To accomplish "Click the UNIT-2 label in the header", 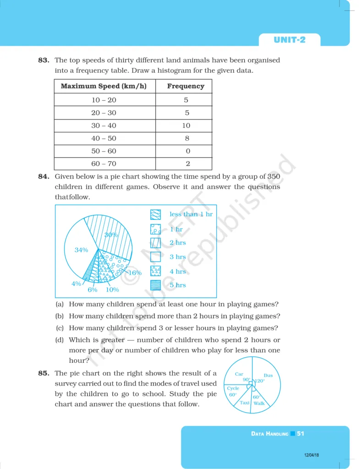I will [x=289, y=40].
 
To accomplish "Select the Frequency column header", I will [x=185, y=86].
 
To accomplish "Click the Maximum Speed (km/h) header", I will [x=104, y=86].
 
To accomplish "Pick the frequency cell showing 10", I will [x=185, y=125].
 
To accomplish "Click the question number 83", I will [x=44, y=60].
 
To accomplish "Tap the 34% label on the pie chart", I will [x=81, y=250].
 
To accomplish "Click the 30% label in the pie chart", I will [x=111, y=234].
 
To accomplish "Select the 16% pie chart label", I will [x=135, y=273].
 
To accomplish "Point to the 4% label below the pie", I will [x=76, y=284].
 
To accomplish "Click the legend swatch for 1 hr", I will [x=156, y=229].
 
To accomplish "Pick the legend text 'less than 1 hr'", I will [x=191, y=214].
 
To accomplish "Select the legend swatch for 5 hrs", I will [x=156, y=285].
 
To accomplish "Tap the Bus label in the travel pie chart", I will [x=268, y=376].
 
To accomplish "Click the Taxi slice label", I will [x=245, y=403].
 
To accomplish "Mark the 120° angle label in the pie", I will [x=260, y=381].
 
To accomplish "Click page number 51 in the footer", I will [x=300, y=433].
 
